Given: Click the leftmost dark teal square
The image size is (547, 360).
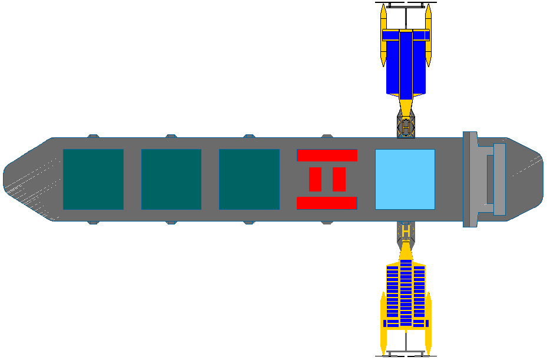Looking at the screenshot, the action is (93, 180).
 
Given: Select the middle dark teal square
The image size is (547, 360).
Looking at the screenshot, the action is (171, 180).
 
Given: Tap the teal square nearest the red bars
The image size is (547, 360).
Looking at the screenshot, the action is (249, 180).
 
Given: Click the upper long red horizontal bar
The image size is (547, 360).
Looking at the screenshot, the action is (327, 156).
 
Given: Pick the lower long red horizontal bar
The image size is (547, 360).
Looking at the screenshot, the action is (327, 203).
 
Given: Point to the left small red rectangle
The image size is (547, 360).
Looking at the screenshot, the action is (316, 180).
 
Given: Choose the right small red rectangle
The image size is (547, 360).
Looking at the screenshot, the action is (339, 180).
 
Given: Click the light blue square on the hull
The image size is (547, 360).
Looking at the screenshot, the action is (405, 180).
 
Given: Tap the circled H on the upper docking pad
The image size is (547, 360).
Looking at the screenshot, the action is (406, 127).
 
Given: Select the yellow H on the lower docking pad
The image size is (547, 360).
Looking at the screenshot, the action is (406, 231).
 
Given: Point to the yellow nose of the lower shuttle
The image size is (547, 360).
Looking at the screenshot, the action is (406, 250).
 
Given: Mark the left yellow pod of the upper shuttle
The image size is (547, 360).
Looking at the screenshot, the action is (383, 35).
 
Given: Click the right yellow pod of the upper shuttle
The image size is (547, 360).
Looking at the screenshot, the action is (429, 35).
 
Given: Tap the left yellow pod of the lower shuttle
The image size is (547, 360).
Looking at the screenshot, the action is (383, 323).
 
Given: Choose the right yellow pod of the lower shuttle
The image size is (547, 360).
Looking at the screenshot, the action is (429, 323).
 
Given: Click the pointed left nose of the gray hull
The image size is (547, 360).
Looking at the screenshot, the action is (4, 180).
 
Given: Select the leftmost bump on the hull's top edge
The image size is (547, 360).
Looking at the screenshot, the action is (93, 136).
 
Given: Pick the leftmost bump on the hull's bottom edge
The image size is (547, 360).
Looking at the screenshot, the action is (93, 223).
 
